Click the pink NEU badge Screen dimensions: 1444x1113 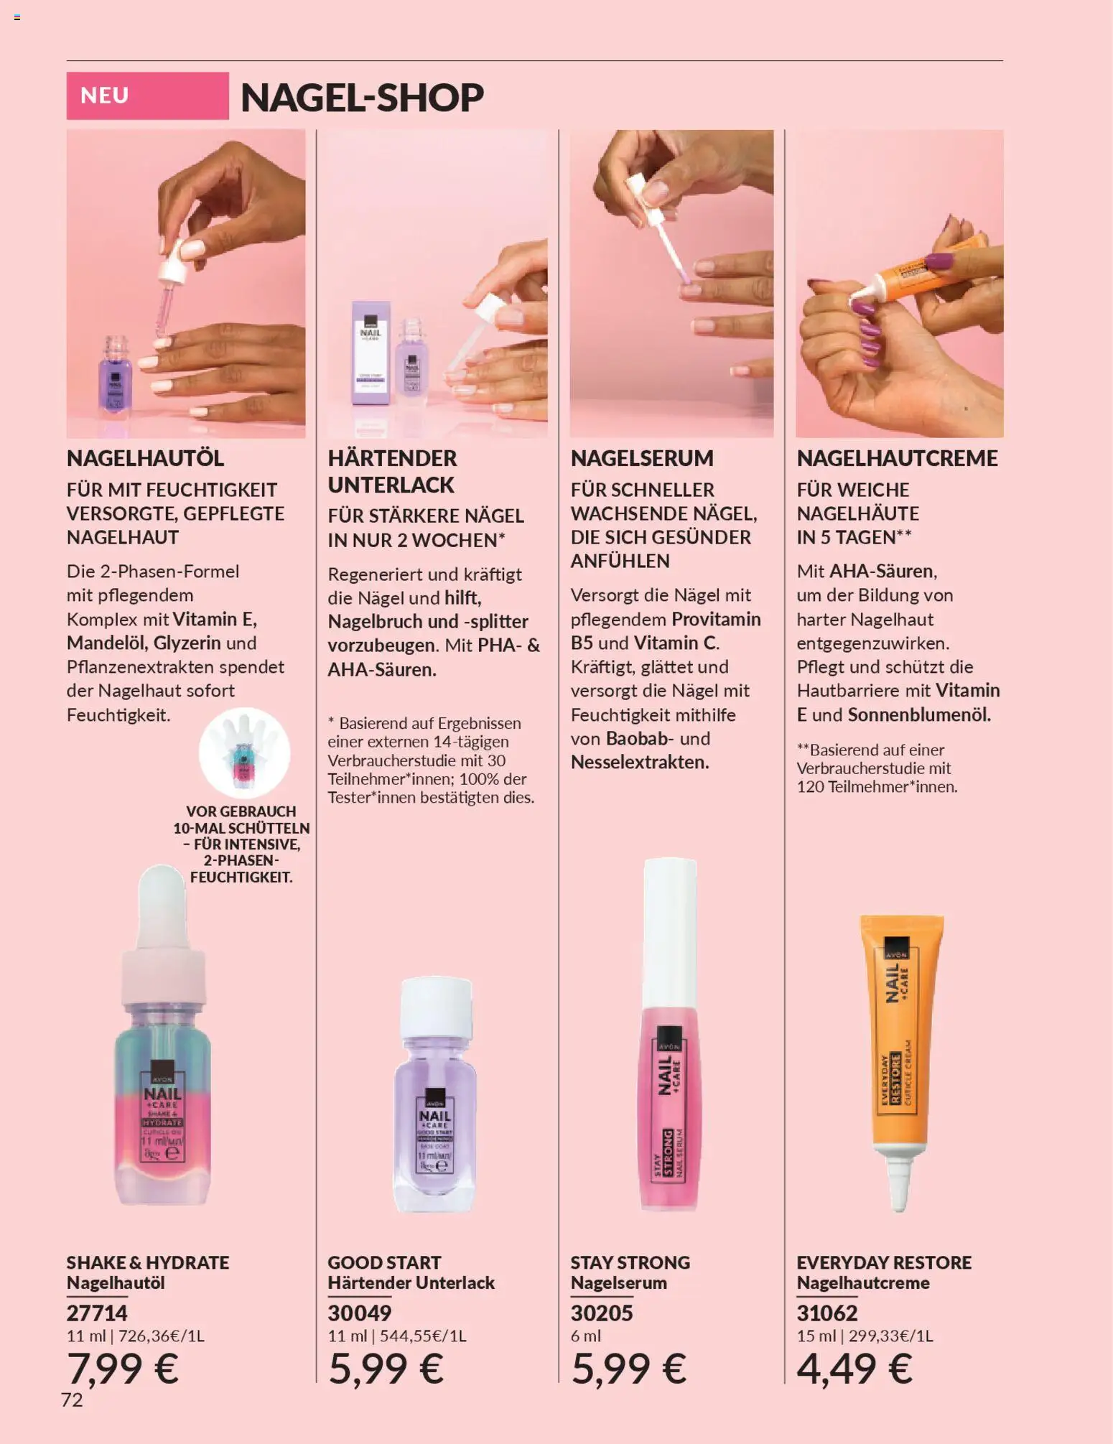click(x=147, y=96)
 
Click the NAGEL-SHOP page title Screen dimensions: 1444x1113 click(x=362, y=98)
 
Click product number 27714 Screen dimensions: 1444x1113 click(x=97, y=1313)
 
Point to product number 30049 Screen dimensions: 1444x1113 click(x=360, y=1313)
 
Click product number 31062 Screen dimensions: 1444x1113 click(x=827, y=1313)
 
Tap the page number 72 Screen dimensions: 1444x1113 click(x=72, y=1400)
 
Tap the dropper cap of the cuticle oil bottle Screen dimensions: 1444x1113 click(x=162, y=933)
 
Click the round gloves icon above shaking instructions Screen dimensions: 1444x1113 click(x=244, y=753)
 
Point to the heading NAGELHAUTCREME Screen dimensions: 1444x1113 click(x=897, y=458)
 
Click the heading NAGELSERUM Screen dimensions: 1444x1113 click(x=642, y=458)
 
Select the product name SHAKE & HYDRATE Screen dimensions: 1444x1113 click(x=148, y=1262)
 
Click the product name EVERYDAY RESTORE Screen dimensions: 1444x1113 click(x=884, y=1262)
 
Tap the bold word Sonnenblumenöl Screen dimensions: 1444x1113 click(x=918, y=714)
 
